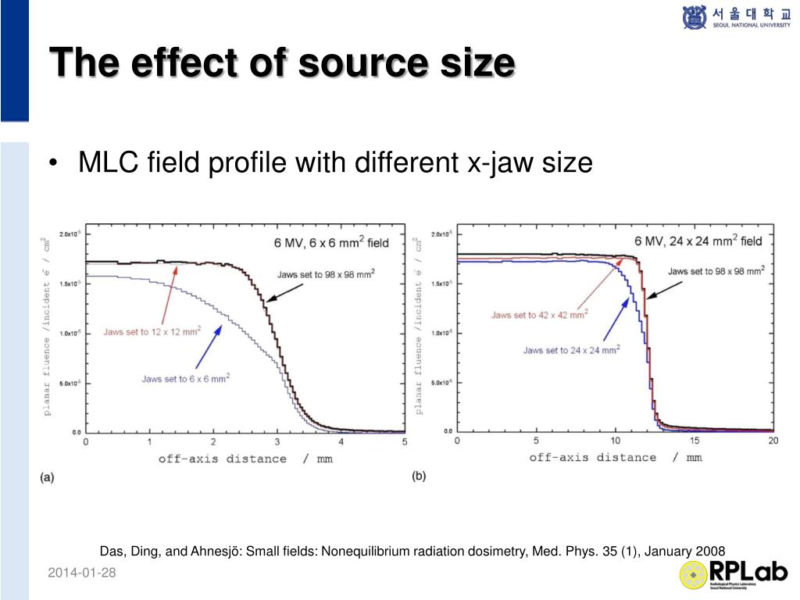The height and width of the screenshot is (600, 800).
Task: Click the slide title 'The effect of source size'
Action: [x=282, y=62]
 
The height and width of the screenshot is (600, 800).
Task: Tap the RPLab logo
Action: [x=734, y=574]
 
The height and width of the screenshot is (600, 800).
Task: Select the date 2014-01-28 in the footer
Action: [x=81, y=573]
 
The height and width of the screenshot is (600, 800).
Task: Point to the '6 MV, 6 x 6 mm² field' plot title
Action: [x=330, y=242]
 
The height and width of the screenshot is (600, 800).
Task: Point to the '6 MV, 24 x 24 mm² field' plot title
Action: [x=698, y=241]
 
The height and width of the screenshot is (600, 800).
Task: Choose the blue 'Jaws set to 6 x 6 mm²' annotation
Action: [x=185, y=378]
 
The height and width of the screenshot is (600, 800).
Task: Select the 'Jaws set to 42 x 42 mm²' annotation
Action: [x=539, y=314]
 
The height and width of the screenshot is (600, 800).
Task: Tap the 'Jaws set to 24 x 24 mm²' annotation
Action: [x=571, y=350]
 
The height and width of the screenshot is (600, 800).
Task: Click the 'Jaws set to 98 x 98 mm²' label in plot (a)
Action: [x=324, y=274]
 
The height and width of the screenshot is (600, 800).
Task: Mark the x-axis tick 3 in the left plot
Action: [x=277, y=442]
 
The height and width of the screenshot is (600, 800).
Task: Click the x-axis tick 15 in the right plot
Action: [x=694, y=441]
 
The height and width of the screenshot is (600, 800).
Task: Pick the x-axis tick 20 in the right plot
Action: [x=773, y=441]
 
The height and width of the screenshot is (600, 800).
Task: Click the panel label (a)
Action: [x=47, y=477]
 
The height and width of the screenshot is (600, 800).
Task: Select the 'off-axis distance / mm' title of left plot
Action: [x=245, y=459]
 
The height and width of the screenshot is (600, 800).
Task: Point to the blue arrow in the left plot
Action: [x=208, y=346]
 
